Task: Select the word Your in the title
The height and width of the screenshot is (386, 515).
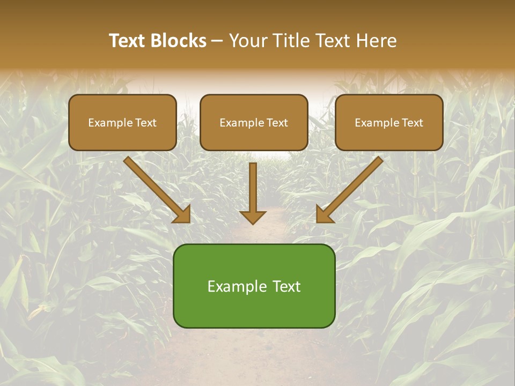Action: (246, 41)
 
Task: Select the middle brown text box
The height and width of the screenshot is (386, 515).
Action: (254, 137)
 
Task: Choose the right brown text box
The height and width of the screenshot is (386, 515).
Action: (389, 137)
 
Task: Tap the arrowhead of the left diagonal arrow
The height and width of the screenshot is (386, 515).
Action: (183, 215)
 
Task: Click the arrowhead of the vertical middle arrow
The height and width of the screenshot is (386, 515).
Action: (253, 217)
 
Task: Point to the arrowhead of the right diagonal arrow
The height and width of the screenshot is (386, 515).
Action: (323, 215)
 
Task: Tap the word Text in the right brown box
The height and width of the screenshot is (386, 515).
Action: (413, 123)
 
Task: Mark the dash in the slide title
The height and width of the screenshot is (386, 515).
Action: (217, 41)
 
